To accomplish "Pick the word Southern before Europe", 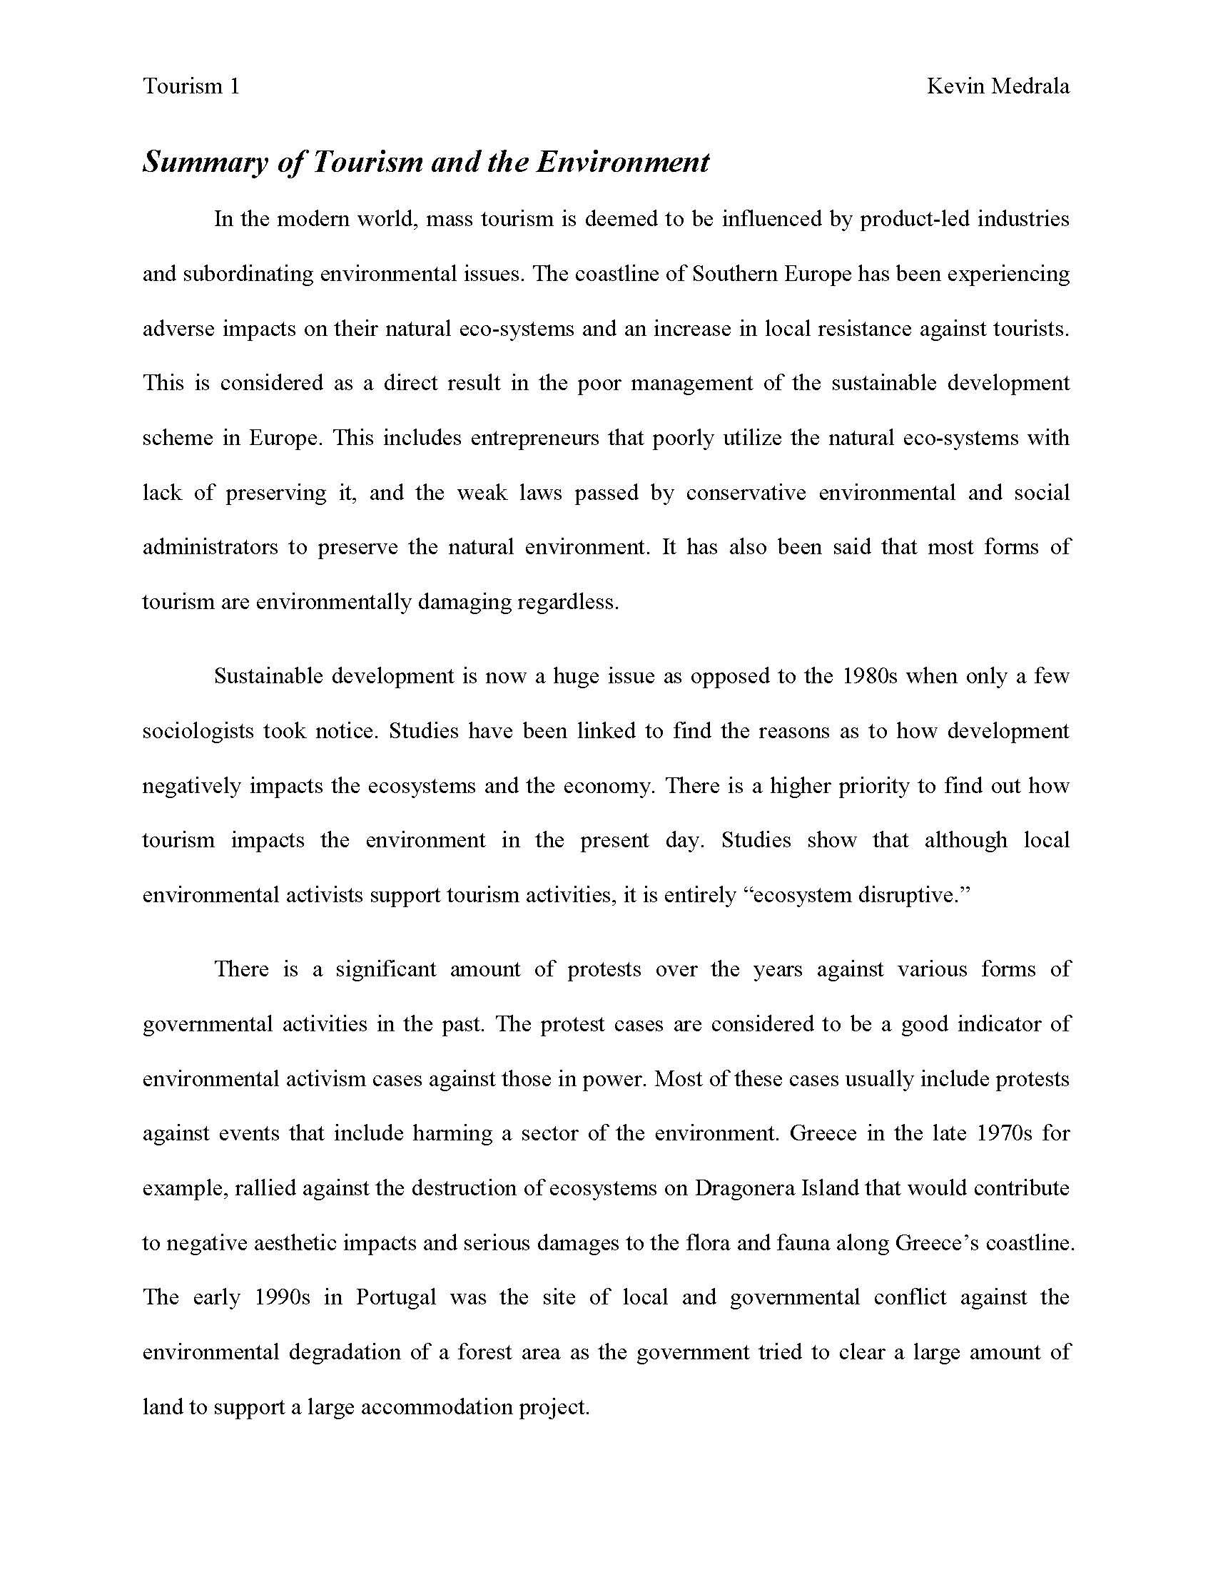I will [x=734, y=274].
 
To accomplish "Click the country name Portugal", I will [x=396, y=1297].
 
